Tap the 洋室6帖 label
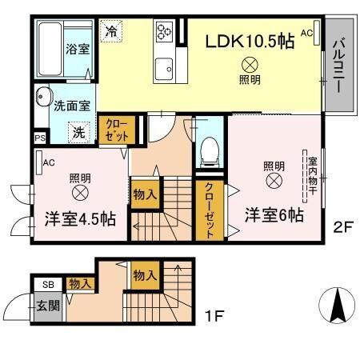pyautogui.click(x=274, y=214)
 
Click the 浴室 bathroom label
pyautogui.click(x=77, y=48)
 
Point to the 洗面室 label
pyautogui.click(x=72, y=104)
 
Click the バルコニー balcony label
pyautogui.click(x=339, y=64)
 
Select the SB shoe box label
pyautogui.click(x=47, y=284)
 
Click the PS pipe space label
pyautogui.click(x=40, y=138)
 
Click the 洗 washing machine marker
pyautogui.click(x=79, y=133)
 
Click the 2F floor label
pyautogui.click(x=342, y=227)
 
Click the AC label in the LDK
pyautogui.click(x=307, y=33)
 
